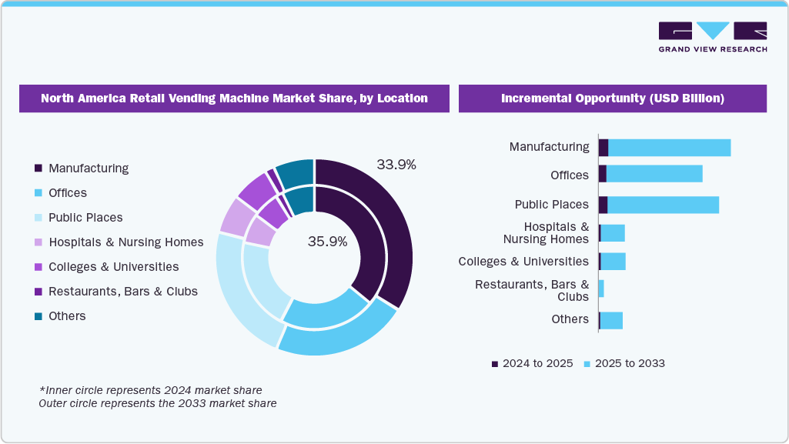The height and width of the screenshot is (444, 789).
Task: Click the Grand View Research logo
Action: click(x=712, y=37)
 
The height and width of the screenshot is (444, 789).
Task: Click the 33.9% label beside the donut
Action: click(x=396, y=164)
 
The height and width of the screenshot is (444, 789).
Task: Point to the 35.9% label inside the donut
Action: click(x=327, y=241)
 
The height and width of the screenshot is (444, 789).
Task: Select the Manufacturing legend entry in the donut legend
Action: click(x=88, y=168)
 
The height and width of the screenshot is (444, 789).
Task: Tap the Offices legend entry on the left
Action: click(x=67, y=192)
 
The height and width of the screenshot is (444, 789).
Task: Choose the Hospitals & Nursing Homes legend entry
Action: click(x=125, y=242)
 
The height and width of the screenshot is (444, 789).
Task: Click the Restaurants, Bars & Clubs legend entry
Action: click(x=122, y=291)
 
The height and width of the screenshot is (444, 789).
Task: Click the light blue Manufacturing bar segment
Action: click(x=669, y=147)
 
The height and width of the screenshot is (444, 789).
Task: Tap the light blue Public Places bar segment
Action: click(x=663, y=205)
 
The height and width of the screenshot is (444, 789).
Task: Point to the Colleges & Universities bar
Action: click(x=613, y=262)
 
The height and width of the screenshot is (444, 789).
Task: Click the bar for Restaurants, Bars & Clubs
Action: click(x=601, y=289)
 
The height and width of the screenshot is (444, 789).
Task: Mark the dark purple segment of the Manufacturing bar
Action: click(x=603, y=147)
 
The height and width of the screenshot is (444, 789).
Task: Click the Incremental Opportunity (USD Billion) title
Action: click(x=612, y=98)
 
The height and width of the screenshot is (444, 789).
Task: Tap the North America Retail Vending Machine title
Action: click(x=234, y=98)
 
